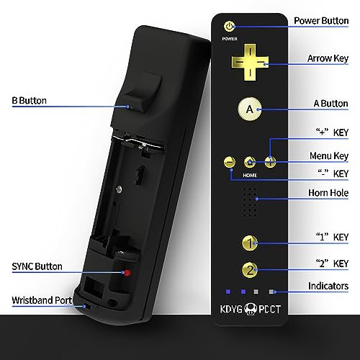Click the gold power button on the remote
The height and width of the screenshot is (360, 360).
pyautogui.click(x=230, y=26)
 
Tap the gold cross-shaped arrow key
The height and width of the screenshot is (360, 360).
pyautogui.click(x=250, y=62)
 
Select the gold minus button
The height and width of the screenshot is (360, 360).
pyautogui.click(x=230, y=162)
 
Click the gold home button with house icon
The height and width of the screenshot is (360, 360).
pyautogui.click(x=250, y=162)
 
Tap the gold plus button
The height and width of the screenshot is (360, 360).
pyautogui.click(x=270, y=162)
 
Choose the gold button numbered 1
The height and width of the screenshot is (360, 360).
pyautogui.click(x=250, y=243)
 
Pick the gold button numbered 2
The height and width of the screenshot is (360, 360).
pyautogui.click(x=250, y=270)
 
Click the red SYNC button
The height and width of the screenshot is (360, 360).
pyautogui.click(x=127, y=273)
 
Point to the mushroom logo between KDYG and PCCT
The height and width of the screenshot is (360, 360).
pyautogui.click(x=251, y=310)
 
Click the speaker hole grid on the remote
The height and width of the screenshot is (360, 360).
pyautogui.click(x=250, y=202)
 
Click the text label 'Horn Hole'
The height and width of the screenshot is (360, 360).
pyautogui.click(x=328, y=193)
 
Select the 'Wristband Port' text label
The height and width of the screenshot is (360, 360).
pyautogui.click(x=42, y=300)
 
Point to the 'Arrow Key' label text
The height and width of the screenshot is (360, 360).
pyautogui.click(x=328, y=58)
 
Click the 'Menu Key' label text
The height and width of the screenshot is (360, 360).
pyautogui.click(x=329, y=156)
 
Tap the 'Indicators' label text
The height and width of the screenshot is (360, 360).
pyautogui.click(x=328, y=286)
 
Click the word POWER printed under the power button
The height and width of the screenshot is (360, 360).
pyautogui.click(x=230, y=39)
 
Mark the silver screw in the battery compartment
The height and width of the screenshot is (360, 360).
pyautogui.click(x=119, y=189)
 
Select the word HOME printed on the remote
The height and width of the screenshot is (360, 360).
pyautogui.click(x=250, y=176)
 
